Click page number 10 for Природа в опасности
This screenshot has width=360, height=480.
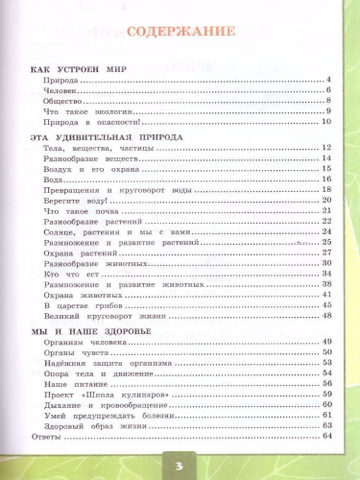(325, 122)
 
